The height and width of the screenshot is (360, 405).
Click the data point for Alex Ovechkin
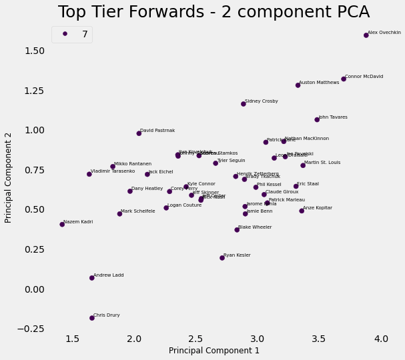(366, 35)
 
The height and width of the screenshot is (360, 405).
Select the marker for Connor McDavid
(344, 79)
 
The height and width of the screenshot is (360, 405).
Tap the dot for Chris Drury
(92, 318)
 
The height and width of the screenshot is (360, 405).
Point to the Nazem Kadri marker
(62, 225)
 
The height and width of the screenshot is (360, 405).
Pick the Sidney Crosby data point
(244, 104)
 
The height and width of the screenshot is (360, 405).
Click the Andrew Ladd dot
(92, 278)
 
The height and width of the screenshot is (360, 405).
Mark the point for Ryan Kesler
(222, 258)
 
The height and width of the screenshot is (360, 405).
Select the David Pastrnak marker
(139, 133)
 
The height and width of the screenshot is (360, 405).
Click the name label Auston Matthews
(319, 83)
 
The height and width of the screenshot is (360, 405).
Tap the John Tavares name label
(333, 117)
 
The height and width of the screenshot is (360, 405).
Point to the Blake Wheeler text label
(255, 227)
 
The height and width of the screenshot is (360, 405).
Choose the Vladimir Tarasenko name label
(113, 171)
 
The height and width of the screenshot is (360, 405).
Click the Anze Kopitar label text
(318, 208)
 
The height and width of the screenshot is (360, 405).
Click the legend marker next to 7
(65, 34)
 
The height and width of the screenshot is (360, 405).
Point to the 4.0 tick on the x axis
(381, 339)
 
